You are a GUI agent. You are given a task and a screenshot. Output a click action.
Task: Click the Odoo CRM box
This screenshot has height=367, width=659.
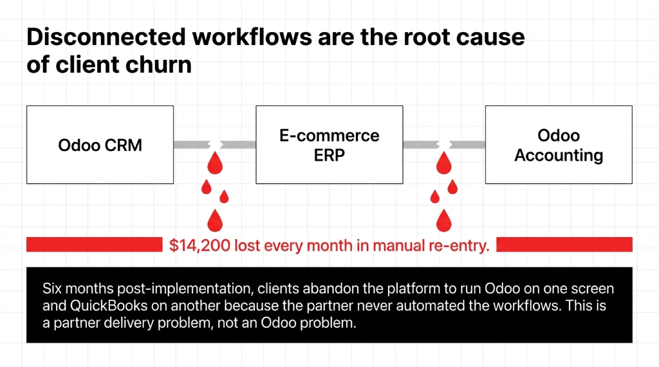click(x=100, y=145)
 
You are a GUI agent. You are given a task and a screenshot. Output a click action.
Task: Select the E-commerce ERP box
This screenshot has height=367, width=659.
click(x=329, y=145)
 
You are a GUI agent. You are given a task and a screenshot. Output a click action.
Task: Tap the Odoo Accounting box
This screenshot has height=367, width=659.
click(x=559, y=145)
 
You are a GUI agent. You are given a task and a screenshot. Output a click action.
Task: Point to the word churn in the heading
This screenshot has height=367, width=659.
click(x=163, y=65)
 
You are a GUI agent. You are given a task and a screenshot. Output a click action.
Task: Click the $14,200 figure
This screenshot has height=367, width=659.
click(x=199, y=245)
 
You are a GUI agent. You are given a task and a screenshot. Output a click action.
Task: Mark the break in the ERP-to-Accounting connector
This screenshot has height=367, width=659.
click(x=443, y=145)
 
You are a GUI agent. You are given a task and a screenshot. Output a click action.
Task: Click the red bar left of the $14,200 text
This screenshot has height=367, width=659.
click(x=93, y=245)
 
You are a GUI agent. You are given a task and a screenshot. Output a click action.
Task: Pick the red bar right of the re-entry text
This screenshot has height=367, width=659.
click(x=564, y=245)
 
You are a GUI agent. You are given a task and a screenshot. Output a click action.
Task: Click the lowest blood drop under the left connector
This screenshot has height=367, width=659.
click(x=214, y=220)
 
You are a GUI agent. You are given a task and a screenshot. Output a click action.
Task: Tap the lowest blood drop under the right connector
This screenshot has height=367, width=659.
click(x=443, y=220)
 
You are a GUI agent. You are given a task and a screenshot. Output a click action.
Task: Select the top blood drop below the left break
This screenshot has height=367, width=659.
click(x=214, y=163)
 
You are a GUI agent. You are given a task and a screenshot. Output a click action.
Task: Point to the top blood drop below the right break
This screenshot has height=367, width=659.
click(x=443, y=163)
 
